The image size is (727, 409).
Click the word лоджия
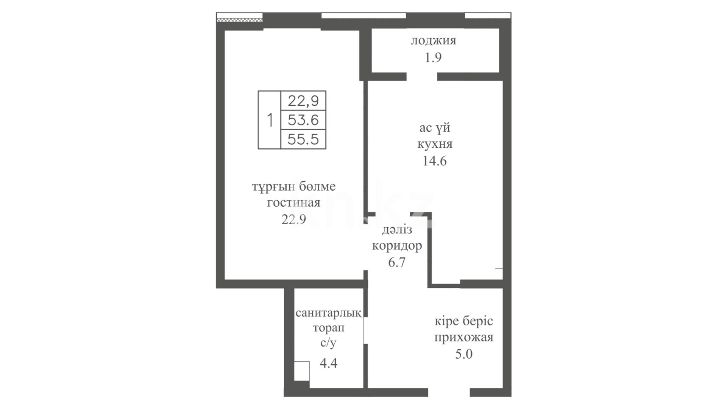pyautogui.click(x=434, y=41)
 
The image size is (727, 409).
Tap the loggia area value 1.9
pyautogui.click(x=433, y=58)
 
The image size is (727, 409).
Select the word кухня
pyautogui.click(x=435, y=144)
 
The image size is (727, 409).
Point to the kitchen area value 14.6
pyautogui.click(x=435, y=161)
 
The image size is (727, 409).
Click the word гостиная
pyautogui.click(x=293, y=203)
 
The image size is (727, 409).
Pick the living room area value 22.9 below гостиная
pyautogui.click(x=293, y=219)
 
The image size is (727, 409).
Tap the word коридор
pyautogui.click(x=397, y=246)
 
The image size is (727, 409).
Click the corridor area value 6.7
pyautogui.click(x=397, y=262)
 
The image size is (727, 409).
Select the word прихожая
pyautogui.click(x=464, y=337)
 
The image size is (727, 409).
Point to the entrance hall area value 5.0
pyautogui.click(x=464, y=354)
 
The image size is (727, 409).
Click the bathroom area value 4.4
pyautogui.click(x=328, y=363)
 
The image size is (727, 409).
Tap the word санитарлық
pyautogui.click(x=328, y=313)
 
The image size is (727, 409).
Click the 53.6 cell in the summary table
pyautogui.click(x=303, y=120)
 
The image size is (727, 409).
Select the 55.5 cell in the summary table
pyautogui.click(x=303, y=139)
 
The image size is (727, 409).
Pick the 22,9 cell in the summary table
pyautogui.click(x=303, y=101)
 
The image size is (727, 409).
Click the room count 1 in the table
pyautogui.click(x=270, y=120)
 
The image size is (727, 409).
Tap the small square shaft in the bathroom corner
pyautogui.click(x=302, y=371)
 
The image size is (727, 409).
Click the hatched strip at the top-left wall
pyautogui.click(x=240, y=19)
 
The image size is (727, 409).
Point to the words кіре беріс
pyautogui.click(x=464, y=322)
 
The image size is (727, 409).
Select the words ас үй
pyautogui.click(x=435, y=128)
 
